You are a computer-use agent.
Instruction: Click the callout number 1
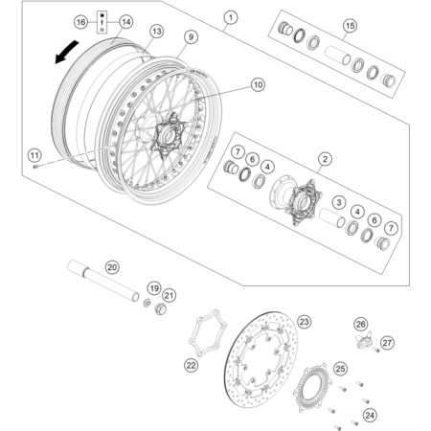coord(231,17)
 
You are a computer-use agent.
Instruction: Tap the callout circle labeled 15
coord(350,26)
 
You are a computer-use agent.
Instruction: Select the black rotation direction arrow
coord(66,52)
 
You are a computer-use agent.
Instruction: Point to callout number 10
coord(258,84)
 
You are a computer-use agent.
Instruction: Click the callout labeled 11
coord(34,155)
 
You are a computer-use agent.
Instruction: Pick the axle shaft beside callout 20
coord(103,281)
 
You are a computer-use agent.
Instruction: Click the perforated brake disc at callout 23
coord(261,359)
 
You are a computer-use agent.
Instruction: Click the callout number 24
coord(370,415)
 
